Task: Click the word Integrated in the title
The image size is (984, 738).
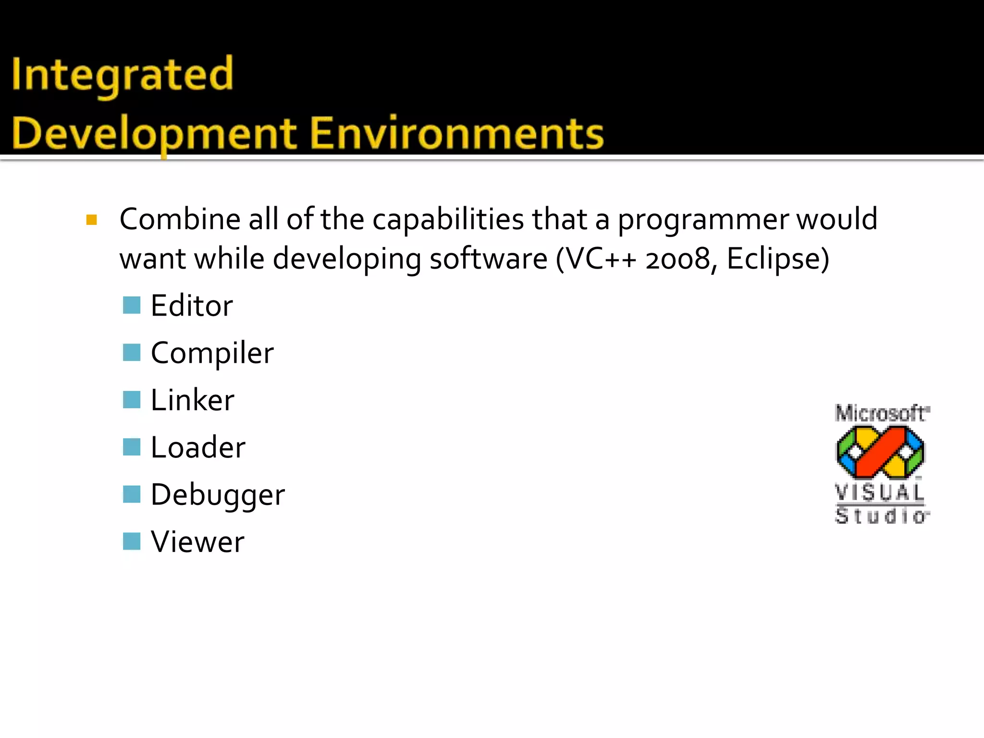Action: (x=123, y=74)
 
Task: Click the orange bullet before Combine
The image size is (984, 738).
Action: (x=91, y=220)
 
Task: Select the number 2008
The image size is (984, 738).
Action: (x=677, y=259)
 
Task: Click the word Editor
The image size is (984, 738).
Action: (x=192, y=306)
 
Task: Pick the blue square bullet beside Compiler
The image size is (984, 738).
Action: (x=131, y=352)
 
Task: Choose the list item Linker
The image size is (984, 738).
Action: (x=192, y=400)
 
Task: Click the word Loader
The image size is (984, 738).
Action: (x=197, y=447)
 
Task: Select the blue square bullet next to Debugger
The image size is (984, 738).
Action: (x=131, y=494)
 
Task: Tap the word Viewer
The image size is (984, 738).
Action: (x=197, y=542)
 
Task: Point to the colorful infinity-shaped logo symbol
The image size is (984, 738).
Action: (x=880, y=452)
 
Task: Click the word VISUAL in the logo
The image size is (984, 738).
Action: (x=879, y=492)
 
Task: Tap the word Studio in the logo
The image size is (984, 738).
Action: (x=881, y=516)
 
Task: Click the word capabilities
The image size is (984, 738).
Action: (x=448, y=220)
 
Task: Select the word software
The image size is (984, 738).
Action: (x=488, y=259)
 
